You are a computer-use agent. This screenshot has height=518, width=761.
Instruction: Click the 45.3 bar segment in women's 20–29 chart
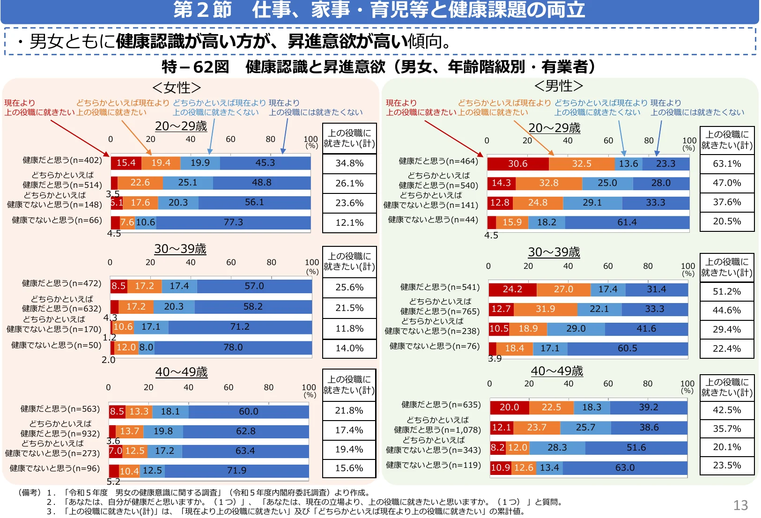(x=265, y=163)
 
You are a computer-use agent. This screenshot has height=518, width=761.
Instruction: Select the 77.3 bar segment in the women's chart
(x=233, y=222)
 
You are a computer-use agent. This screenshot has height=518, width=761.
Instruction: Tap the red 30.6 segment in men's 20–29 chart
(x=517, y=163)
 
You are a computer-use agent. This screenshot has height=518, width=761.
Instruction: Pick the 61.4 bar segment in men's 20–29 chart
(x=627, y=222)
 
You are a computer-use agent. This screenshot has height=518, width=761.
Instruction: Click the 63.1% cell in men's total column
(x=727, y=163)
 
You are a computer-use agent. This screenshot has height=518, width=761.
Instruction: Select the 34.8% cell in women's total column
(x=349, y=163)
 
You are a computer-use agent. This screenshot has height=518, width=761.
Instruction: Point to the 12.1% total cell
(x=349, y=222)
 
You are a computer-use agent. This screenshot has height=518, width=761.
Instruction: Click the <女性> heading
(x=177, y=88)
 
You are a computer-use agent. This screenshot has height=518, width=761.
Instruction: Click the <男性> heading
(x=558, y=86)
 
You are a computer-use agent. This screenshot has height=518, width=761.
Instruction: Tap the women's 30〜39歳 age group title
(x=180, y=249)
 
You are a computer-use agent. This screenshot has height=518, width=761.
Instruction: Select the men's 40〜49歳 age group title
(x=557, y=371)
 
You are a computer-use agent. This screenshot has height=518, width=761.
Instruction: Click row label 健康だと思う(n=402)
(x=62, y=160)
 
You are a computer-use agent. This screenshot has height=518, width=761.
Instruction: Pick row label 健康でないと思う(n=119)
(x=433, y=465)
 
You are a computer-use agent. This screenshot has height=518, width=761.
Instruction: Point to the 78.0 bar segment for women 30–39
(x=233, y=347)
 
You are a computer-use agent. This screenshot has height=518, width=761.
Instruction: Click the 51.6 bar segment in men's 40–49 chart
(x=636, y=447)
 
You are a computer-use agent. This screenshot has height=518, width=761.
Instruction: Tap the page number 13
(x=740, y=505)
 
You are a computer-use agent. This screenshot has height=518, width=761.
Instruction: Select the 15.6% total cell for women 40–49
(x=349, y=468)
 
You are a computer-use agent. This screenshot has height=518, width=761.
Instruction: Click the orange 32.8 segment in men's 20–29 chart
(x=548, y=183)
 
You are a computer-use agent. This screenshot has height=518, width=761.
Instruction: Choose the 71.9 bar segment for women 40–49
(x=236, y=470)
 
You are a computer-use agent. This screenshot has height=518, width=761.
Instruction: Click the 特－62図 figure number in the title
(x=195, y=67)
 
